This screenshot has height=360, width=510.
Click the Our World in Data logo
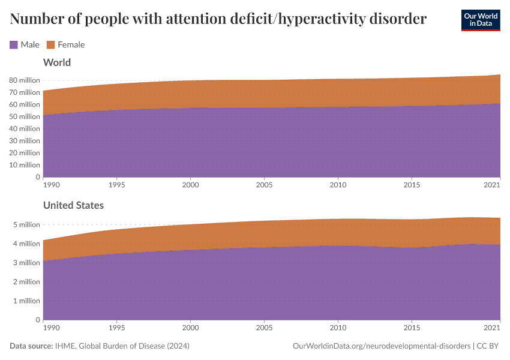tap(480, 20)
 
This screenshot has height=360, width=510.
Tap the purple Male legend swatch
tap(14, 44)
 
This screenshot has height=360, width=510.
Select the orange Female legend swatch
tap(51, 44)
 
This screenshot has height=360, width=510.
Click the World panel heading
tap(57, 62)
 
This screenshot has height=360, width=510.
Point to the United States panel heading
tap(73, 205)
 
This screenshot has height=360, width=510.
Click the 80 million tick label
tap(25, 80)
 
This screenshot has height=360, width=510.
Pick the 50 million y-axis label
tap(25, 116)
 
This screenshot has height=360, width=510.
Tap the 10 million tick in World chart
tap(25, 165)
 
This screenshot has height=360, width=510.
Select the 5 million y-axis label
tap(26, 224)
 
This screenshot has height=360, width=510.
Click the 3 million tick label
tap(26, 263)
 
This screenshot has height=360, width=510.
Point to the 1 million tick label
tap(26, 301)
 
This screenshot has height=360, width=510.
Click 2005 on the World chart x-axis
tap(265, 185)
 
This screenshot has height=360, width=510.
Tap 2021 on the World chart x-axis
tap(492, 185)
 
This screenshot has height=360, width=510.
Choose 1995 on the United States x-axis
tap(117, 328)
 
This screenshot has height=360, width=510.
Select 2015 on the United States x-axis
tap(412, 328)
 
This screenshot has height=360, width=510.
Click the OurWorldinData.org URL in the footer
tap(380, 346)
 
